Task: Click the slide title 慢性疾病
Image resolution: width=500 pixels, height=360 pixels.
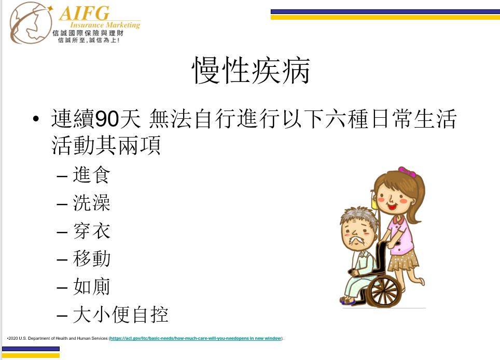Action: pos(251,71)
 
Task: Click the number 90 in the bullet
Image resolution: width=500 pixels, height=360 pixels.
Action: pos(107,119)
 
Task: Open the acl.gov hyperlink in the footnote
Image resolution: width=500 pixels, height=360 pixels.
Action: pos(196,338)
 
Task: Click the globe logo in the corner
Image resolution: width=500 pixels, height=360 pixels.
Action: pos(31,23)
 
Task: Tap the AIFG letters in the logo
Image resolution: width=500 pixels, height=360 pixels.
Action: pos(85,13)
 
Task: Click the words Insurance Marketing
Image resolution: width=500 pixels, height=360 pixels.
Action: pos(105,25)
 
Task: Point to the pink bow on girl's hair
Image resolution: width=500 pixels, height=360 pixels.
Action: pos(407,172)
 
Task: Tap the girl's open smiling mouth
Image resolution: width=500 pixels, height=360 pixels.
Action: pos(392,207)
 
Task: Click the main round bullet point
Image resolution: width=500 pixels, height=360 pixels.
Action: pos(36,119)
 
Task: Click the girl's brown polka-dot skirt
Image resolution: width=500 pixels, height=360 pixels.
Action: pos(402,260)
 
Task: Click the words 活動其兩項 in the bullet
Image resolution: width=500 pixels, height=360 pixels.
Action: pos(106,145)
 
